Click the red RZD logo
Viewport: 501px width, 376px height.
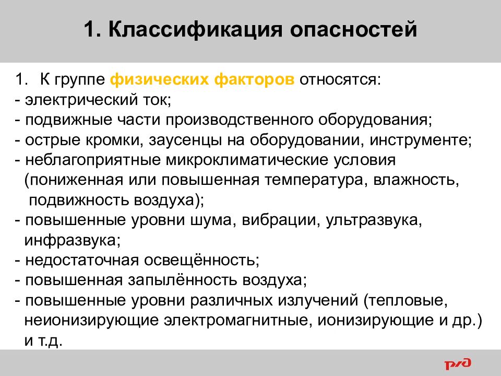(458, 362)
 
